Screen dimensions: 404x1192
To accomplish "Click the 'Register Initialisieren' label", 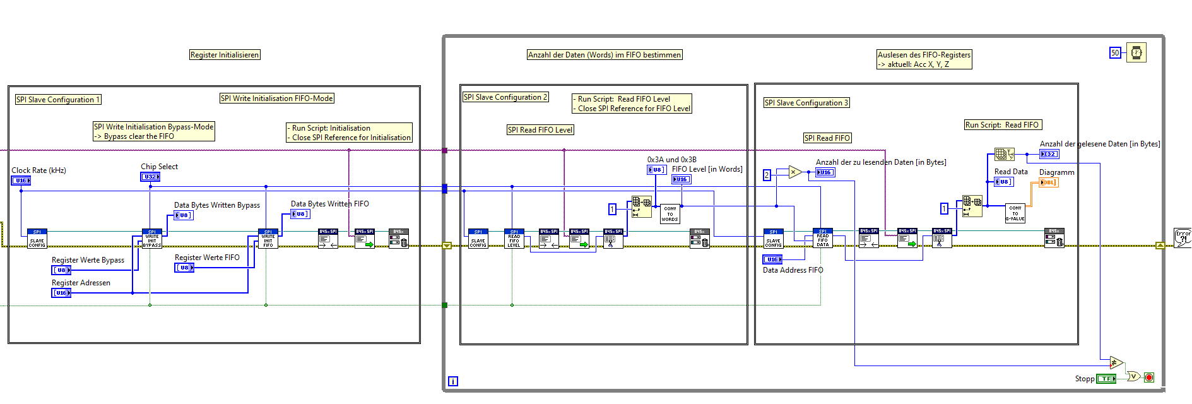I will click(225, 55).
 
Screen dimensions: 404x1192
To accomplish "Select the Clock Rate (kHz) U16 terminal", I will click(21, 181).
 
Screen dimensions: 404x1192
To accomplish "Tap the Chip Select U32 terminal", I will click(150, 177).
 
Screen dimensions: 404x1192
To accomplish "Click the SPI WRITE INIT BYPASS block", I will click(152, 239).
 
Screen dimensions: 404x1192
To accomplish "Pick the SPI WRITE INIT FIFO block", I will click(268, 239).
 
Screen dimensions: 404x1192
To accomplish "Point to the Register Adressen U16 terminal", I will click(61, 293).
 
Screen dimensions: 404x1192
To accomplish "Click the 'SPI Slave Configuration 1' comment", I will click(58, 100).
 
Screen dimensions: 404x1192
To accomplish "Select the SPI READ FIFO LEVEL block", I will click(514, 239).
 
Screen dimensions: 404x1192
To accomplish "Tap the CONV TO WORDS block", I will click(670, 214).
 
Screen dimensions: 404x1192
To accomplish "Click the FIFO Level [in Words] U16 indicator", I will click(682, 179).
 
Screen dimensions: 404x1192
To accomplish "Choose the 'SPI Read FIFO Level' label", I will click(541, 130).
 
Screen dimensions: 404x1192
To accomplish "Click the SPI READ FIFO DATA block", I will click(823, 238).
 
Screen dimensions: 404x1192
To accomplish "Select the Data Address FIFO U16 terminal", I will click(772, 259).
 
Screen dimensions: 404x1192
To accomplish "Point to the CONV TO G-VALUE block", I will click(1015, 213).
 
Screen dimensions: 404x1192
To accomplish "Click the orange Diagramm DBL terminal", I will click(1048, 182).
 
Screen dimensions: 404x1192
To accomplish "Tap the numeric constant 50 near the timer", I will click(1115, 53).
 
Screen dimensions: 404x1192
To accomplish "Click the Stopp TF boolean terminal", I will click(1106, 379).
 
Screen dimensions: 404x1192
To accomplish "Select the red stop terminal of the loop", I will click(1149, 377).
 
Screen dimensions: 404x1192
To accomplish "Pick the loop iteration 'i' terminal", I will click(453, 381).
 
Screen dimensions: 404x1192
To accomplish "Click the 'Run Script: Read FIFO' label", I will click(1003, 125).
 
